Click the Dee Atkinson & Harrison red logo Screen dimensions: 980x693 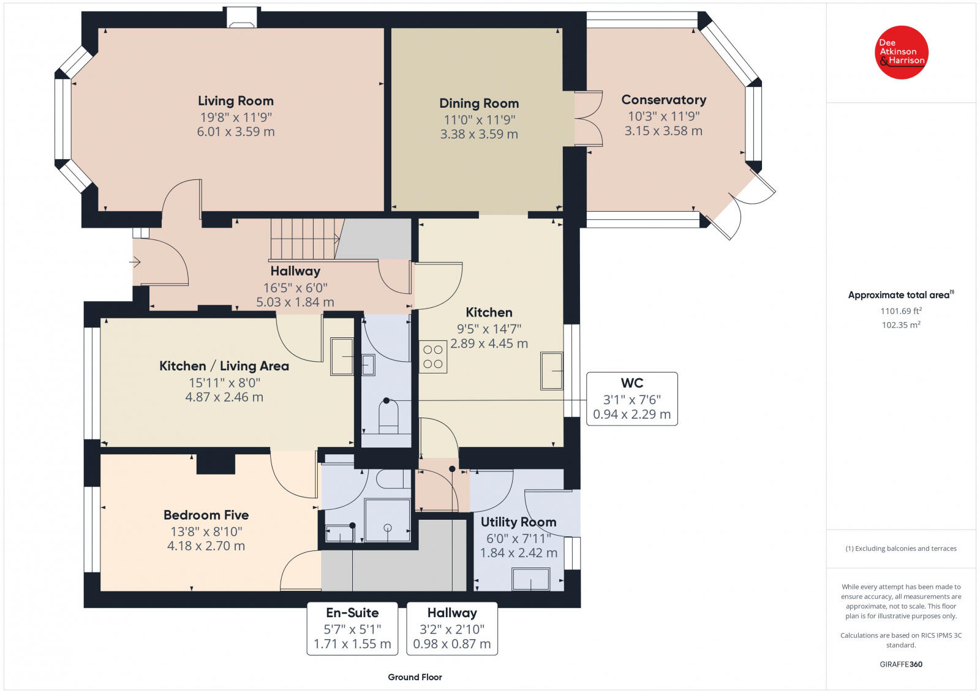[x=901, y=53]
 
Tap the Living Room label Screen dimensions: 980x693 [x=236, y=101]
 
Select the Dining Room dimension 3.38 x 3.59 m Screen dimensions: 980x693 [x=479, y=134]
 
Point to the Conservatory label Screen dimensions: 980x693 [x=664, y=100]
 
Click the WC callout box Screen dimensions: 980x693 [x=631, y=399]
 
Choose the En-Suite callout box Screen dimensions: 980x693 [x=352, y=629]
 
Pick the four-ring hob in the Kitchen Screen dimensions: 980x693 [x=432, y=357]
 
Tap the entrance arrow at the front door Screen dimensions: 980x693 [x=135, y=263]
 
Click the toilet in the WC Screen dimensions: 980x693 [x=388, y=417]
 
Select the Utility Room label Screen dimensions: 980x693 [x=518, y=522]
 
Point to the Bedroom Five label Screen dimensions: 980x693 [x=206, y=515]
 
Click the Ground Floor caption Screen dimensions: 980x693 [x=415, y=677]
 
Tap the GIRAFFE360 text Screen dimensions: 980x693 [x=901, y=664]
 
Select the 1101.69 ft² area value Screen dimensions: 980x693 [x=901, y=311]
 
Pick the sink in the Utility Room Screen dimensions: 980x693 [x=530, y=579]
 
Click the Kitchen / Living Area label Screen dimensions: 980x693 [x=224, y=366]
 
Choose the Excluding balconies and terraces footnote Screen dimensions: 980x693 [x=901, y=549]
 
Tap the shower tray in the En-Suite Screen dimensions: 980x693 [x=387, y=520]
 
